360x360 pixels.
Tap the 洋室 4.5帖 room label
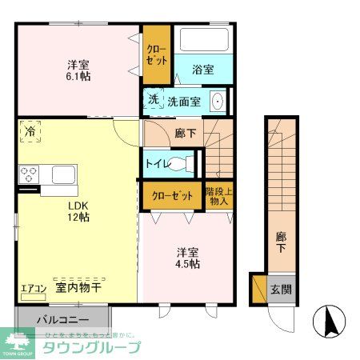point(189,258)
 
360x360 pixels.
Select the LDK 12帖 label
point(78,210)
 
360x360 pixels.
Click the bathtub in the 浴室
point(203,41)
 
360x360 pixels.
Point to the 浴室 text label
point(203,70)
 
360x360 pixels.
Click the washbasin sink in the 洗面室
point(217,101)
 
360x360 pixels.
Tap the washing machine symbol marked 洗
point(153,100)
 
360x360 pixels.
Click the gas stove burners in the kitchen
point(30,174)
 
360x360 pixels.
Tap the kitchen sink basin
point(63,174)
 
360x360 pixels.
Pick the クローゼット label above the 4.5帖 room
point(172,194)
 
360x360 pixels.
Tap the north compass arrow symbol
point(329,322)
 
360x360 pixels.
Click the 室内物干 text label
point(77,287)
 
